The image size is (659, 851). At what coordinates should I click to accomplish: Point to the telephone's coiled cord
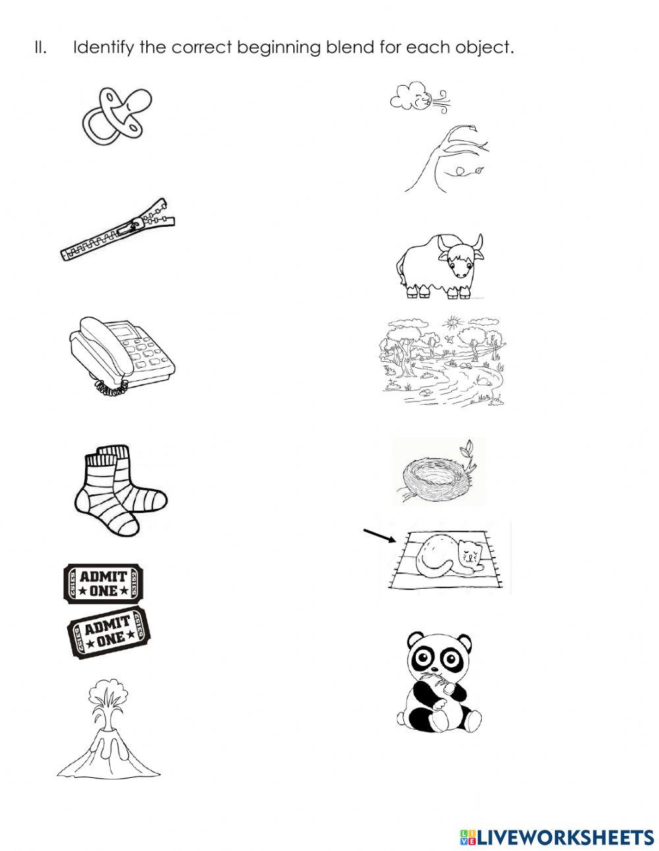(111, 389)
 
